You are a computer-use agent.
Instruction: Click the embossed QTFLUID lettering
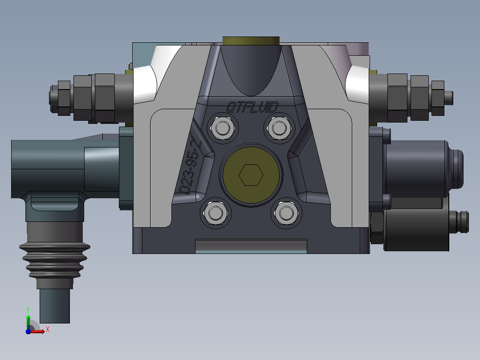252,107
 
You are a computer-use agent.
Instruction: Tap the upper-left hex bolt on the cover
223,128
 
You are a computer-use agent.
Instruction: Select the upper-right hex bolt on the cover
279,128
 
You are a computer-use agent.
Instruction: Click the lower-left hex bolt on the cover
215,213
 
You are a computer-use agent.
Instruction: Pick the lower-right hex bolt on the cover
286,213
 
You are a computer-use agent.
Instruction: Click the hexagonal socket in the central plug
251,175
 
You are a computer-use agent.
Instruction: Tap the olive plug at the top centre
251,41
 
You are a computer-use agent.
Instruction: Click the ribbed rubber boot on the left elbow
55,260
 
